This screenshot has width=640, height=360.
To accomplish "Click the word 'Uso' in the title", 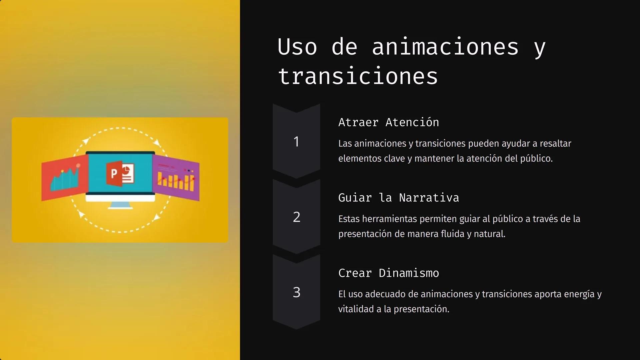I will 297,47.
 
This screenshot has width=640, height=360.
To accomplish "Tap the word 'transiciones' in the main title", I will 358,76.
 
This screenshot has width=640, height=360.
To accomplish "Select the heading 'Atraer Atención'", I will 388,122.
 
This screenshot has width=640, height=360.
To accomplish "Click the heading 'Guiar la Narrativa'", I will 398,198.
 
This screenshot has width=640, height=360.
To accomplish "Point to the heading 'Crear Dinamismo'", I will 388,273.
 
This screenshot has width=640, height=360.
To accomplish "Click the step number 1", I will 296,142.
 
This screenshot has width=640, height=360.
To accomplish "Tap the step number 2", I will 296,217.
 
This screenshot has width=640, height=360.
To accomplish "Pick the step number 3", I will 296,292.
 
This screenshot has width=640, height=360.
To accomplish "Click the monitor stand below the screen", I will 120,205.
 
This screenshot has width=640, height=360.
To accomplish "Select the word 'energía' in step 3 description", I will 579,294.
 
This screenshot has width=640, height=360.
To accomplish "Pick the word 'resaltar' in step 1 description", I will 555,144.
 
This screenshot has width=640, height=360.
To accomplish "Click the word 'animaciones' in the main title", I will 445,47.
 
